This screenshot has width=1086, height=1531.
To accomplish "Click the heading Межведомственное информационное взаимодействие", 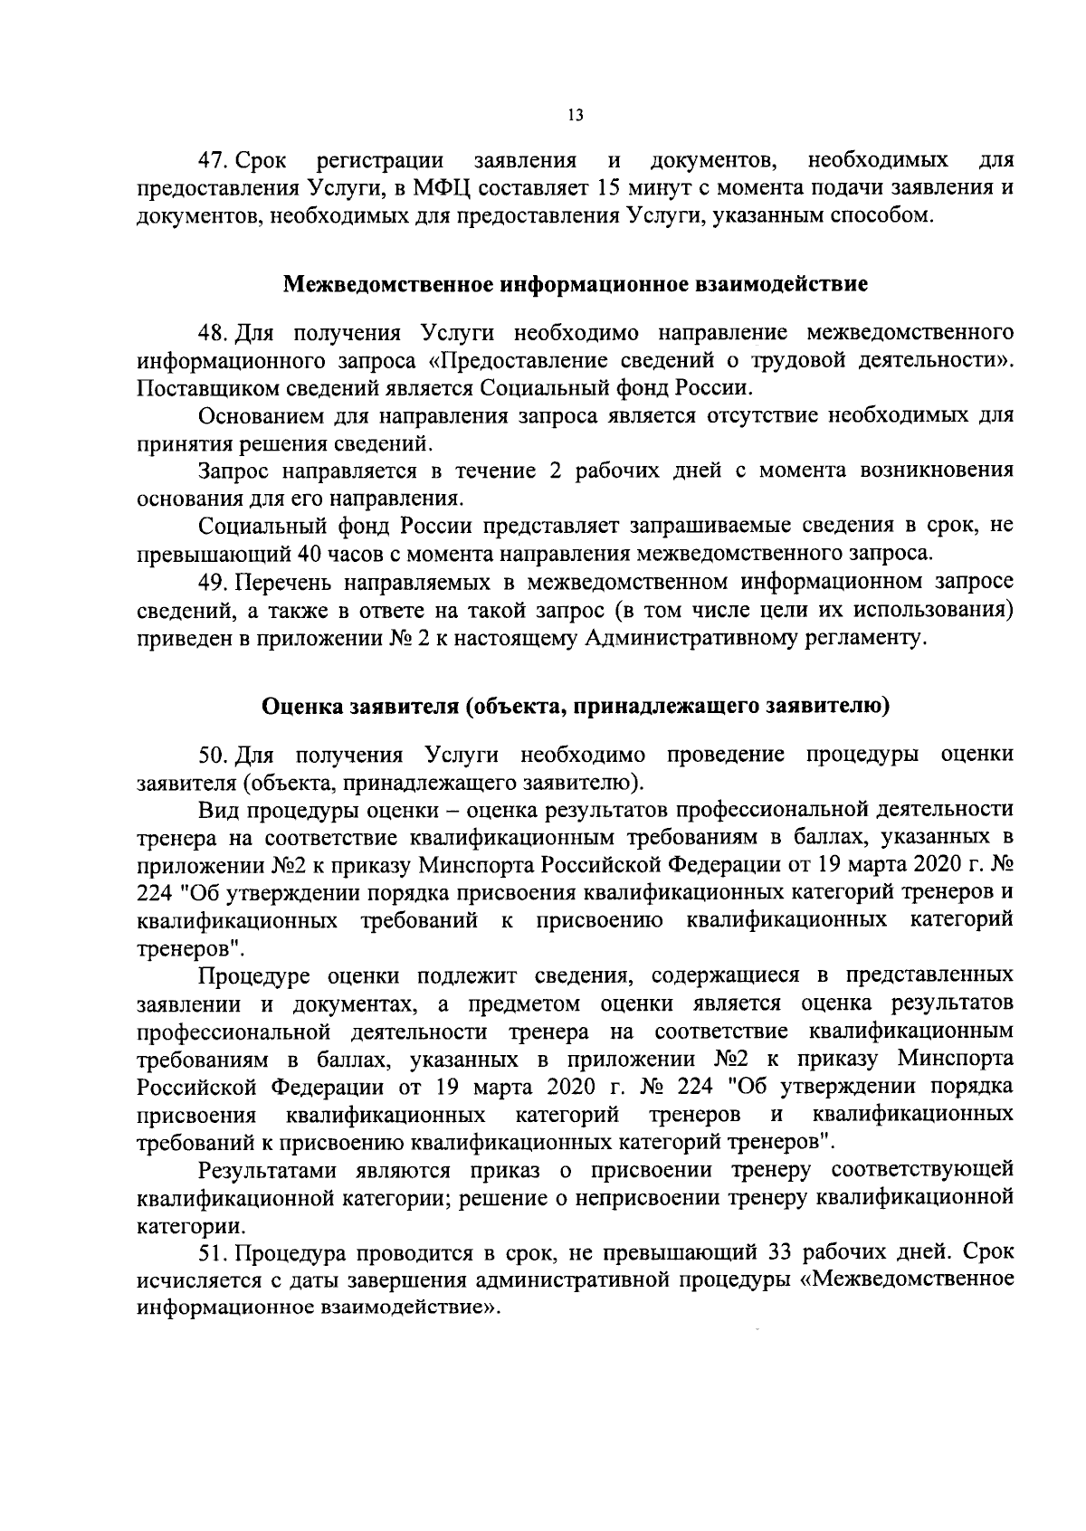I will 576,285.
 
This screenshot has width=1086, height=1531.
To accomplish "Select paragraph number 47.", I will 214,161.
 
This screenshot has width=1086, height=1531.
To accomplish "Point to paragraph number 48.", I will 214,332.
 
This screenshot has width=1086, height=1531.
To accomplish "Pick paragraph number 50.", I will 214,754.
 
